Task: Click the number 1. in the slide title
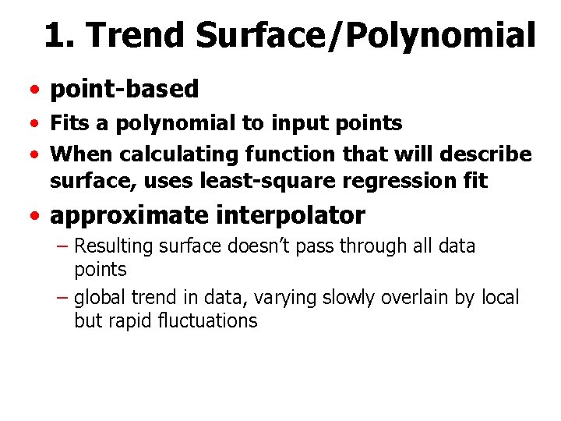click(60, 35)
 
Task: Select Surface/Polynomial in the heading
click(366, 35)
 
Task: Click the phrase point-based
click(125, 90)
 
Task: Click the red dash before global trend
click(63, 298)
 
